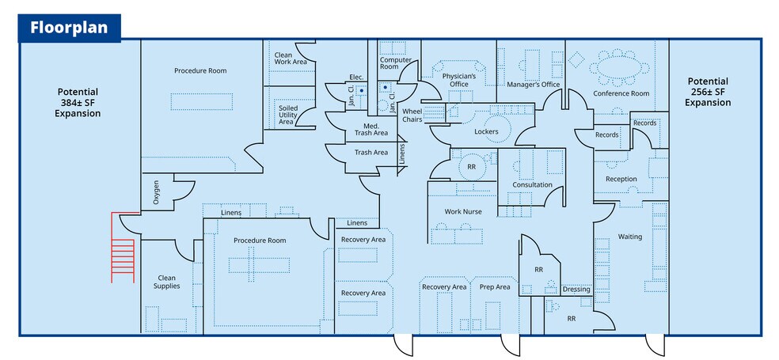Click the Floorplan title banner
point(69,28)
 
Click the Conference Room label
point(621,93)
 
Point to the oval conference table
point(621,66)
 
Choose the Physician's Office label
point(460,80)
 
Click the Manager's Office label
point(533,85)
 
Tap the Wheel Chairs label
point(412,116)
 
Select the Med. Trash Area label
point(370,131)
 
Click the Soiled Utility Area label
point(287,114)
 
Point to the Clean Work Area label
point(290,58)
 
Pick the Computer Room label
point(395,63)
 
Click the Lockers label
point(486,131)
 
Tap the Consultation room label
point(532,185)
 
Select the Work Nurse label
point(463,211)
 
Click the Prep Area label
point(495,286)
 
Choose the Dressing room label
point(576,290)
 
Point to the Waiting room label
point(629,237)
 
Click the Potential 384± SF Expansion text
point(78,102)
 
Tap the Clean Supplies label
point(166,282)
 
